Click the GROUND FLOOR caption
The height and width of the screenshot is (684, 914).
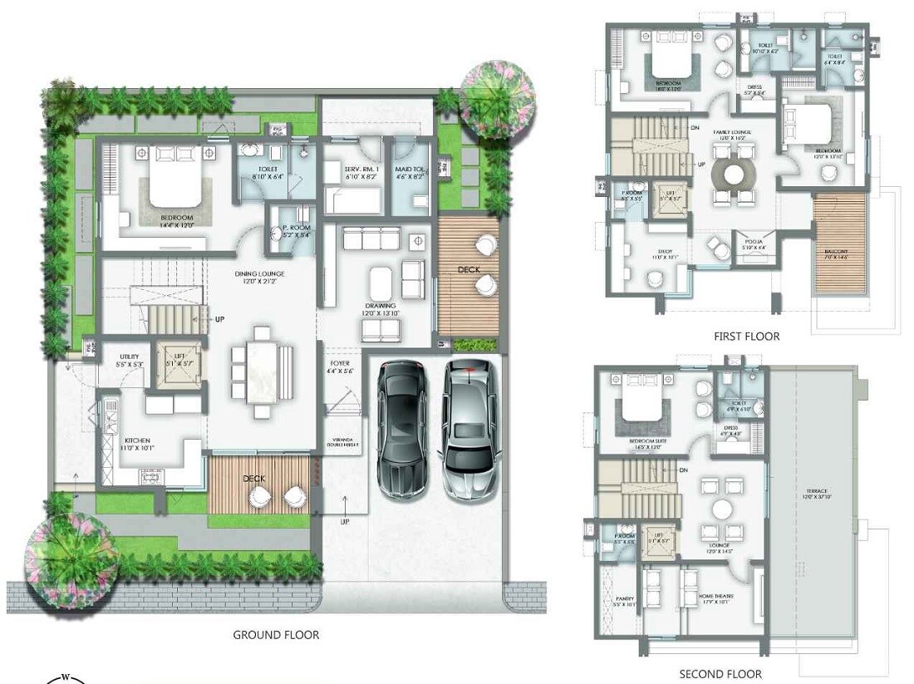tap(276, 634)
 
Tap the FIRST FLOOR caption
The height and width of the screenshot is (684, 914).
tap(746, 336)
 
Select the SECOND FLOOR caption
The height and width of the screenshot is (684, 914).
tap(720, 674)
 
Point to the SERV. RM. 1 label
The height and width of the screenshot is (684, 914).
tap(361, 172)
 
